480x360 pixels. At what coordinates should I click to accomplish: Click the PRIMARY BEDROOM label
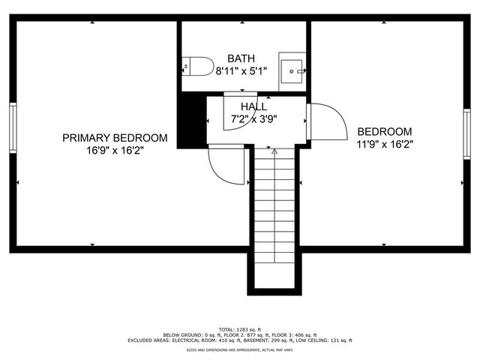pos(114,138)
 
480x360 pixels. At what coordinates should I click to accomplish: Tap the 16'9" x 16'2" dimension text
pos(114,150)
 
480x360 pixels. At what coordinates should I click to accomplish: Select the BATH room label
pos(241,58)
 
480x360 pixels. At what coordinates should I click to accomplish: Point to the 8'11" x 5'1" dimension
pos(241,71)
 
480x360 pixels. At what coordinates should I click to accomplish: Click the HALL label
pos(253,106)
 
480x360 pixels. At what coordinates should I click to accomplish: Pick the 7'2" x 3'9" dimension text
pos(253,118)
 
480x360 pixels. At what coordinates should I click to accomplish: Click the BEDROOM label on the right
pos(384,130)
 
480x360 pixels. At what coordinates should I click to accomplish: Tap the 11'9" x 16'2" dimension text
pos(384,142)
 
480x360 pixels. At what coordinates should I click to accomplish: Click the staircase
pos(274,217)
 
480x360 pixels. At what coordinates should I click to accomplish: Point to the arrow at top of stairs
pos(274,151)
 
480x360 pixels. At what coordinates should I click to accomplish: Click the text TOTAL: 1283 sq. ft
pos(240,329)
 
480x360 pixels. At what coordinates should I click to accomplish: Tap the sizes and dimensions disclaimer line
pos(240,349)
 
